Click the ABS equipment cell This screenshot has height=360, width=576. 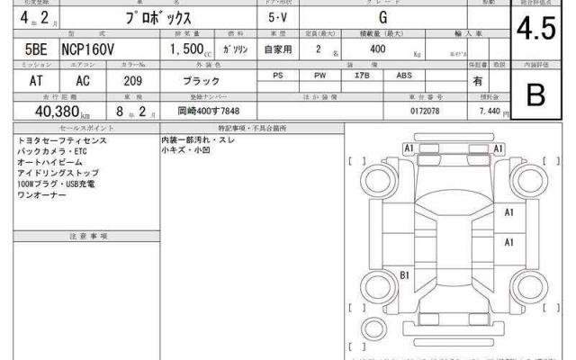[405, 76]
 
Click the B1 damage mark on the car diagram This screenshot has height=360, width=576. [405, 274]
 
